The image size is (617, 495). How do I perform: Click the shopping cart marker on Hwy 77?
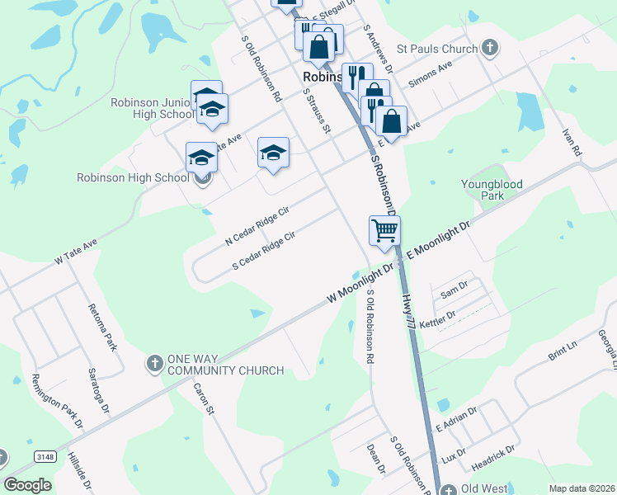pos(384,231)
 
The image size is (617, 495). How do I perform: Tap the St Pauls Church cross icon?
pos(489,48)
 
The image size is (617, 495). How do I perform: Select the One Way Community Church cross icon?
pos(154,363)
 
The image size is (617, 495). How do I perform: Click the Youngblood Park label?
pos(492,190)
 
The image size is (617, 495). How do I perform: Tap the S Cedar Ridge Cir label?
pos(264,252)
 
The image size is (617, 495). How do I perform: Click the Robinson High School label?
pos(133,177)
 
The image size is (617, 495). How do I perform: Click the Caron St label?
pos(204,398)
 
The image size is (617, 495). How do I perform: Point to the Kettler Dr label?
pos(437,320)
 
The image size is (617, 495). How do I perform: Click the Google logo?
pos(28,485)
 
